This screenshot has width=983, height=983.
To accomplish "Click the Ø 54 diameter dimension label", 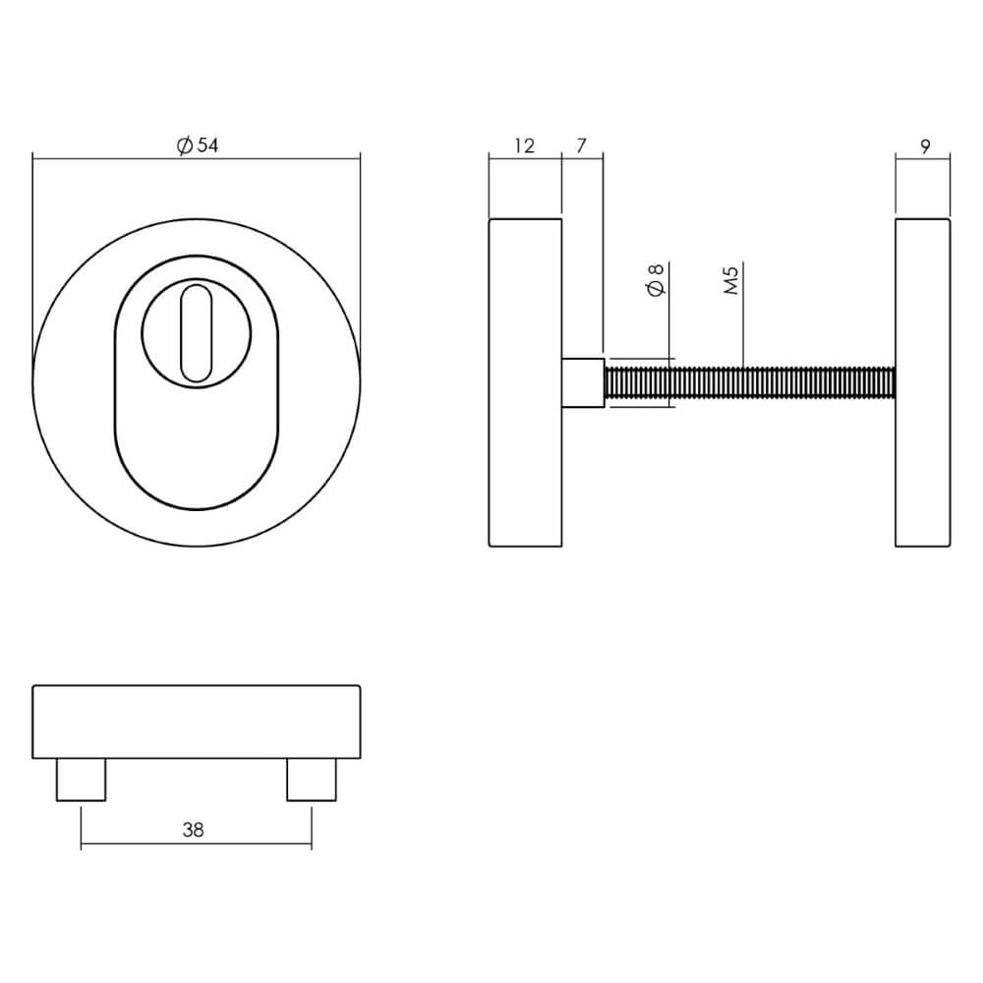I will tap(197, 145).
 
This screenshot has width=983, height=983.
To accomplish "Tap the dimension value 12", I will tap(524, 146).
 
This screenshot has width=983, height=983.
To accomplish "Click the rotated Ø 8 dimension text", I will tap(658, 279).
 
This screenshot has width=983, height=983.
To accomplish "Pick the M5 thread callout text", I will tap(730, 279).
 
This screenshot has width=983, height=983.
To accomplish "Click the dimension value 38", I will tap(193, 830).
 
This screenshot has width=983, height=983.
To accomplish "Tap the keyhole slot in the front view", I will tap(196, 331).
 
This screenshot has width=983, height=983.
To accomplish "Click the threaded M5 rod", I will tap(747, 382).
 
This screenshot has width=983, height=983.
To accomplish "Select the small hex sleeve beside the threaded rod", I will tap(581, 382).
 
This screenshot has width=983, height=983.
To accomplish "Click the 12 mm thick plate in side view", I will tap(525, 382).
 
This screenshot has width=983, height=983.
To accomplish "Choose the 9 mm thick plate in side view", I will tap(923, 382).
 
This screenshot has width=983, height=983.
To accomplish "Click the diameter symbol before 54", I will tap(184, 145).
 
